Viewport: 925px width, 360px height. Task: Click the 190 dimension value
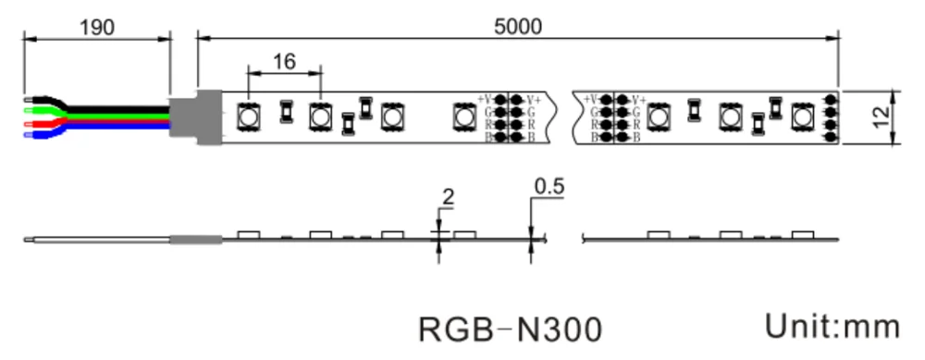[x=97, y=27]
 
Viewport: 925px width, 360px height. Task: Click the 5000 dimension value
[x=518, y=27]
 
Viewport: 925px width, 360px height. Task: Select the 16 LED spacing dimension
[x=285, y=62]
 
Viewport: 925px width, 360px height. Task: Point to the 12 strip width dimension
[x=880, y=117]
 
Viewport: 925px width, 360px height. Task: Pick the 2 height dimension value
[x=449, y=196]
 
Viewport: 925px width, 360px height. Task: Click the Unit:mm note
[x=832, y=326]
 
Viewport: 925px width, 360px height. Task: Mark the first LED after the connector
[x=248, y=117]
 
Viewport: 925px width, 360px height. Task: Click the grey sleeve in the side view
[x=195, y=240]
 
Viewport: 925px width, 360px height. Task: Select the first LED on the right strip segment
[x=659, y=117]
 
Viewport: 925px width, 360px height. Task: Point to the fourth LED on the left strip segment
[x=463, y=117]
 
